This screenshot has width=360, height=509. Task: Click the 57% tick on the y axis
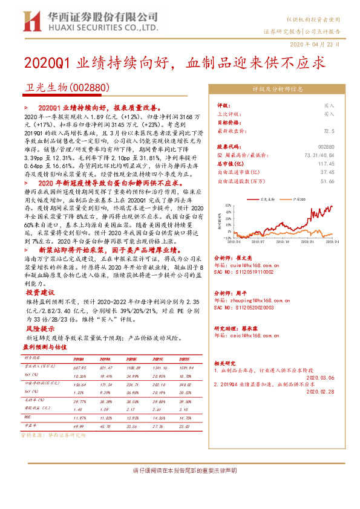point(227,205)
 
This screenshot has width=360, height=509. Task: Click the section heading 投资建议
point(40,291)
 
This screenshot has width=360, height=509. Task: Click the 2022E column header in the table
point(184,358)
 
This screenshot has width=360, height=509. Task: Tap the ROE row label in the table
point(27,417)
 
